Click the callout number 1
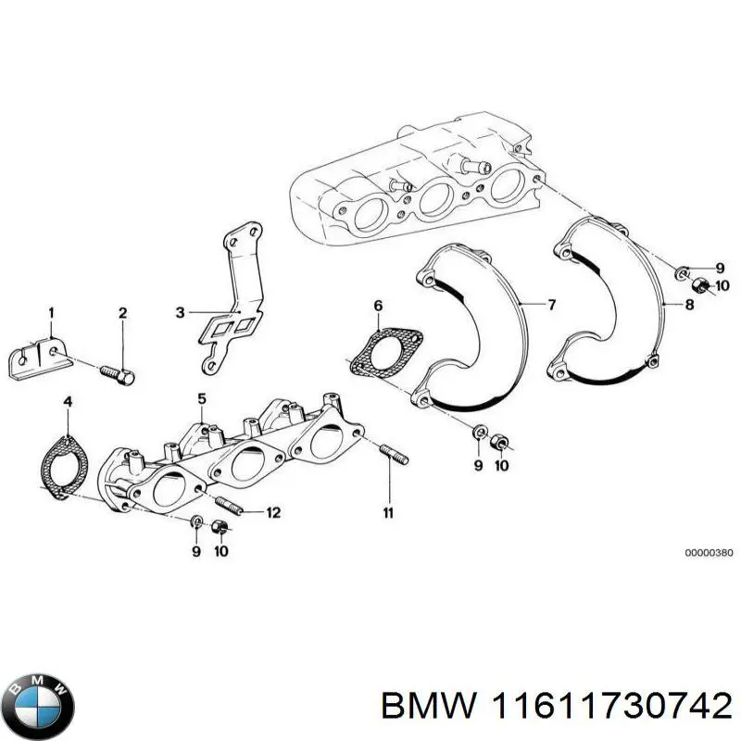[52, 311]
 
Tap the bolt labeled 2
[118, 373]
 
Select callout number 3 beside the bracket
[181, 312]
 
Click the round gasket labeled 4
[64, 460]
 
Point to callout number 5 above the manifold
[200, 399]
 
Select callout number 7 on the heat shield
[551, 304]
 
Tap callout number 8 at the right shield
[689, 304]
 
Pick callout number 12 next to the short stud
[272, 512]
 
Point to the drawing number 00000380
[709, 553]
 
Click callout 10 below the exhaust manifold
[220, 551]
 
